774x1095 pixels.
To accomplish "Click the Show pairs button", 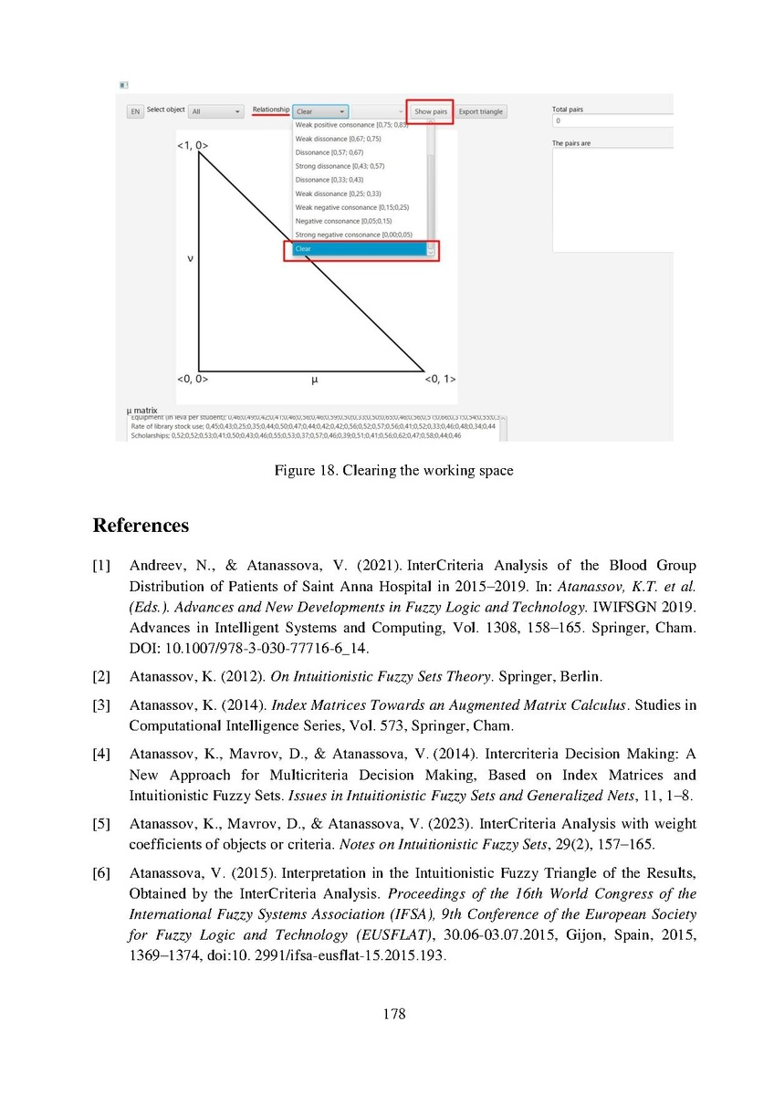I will point(430,111).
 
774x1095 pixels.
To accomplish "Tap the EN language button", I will point(135,111).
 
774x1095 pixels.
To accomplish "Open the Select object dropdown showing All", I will point(215,111).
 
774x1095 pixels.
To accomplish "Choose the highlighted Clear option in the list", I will point(361,249).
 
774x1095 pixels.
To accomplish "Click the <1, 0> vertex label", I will point(193,145).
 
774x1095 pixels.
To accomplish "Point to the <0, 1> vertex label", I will point(441,379).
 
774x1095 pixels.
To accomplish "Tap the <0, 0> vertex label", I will point(193,379).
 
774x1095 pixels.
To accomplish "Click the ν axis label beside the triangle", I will point(190,258).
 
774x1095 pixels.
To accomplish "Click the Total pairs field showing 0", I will point(612,120).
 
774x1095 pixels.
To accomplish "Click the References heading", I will point(141,527).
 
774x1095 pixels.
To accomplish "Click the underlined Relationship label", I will point(271,110).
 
